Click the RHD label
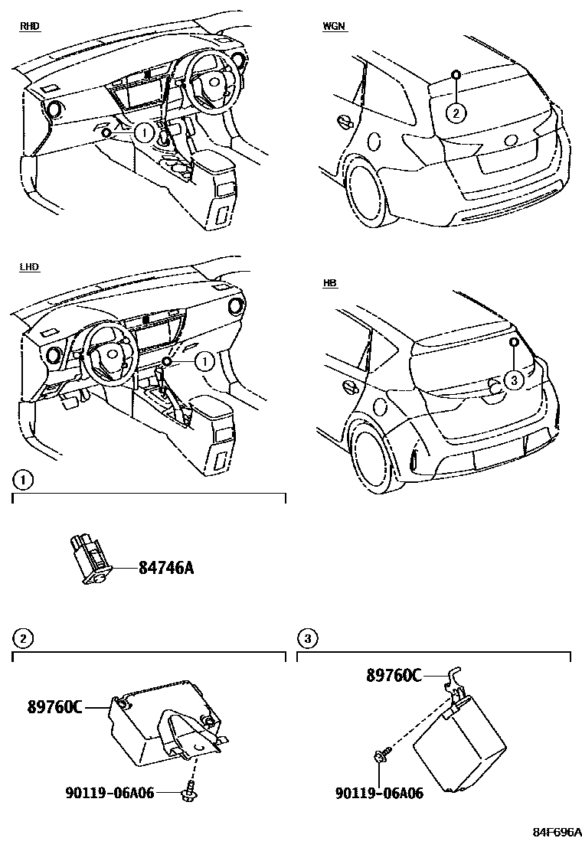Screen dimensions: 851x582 (29, 26)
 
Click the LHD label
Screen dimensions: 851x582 (29, 267)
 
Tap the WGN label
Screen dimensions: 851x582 (334, 26)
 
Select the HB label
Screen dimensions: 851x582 (330, 283)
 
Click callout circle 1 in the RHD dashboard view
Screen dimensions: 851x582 (143, 132)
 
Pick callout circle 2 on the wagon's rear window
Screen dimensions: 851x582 (456, 113)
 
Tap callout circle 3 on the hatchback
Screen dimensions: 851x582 (515, 378)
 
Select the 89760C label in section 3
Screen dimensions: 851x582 (394, 675)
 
